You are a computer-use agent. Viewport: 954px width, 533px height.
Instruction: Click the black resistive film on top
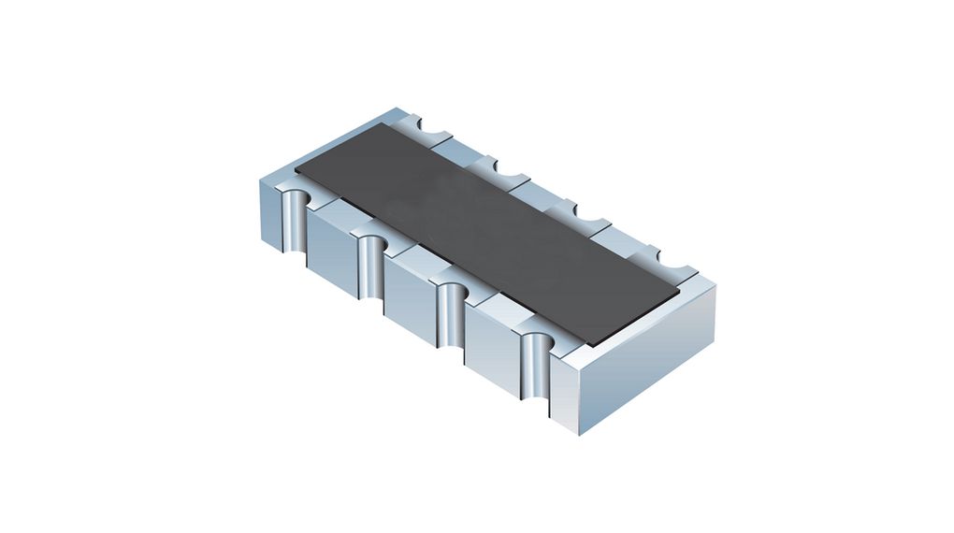tap(486, 234)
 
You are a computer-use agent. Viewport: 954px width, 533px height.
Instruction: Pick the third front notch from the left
tap(452, 310)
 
